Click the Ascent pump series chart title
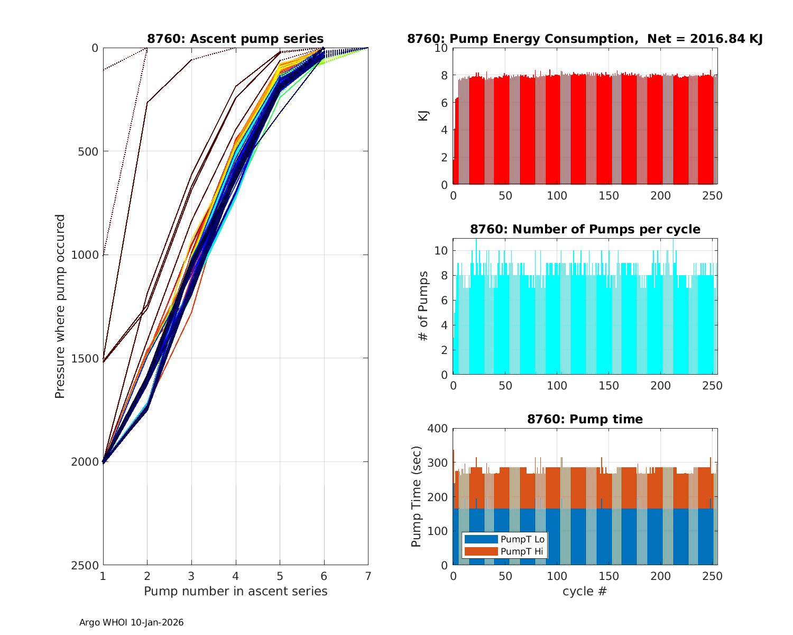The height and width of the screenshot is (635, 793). pyautogui.click(x=235, y=39)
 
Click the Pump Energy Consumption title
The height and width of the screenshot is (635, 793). pyautogui.click(x=585, y=39)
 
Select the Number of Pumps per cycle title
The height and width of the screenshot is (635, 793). pyautogui.click(x=585, y=229)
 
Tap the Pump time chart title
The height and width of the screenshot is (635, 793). pyautogui.click(x=585, y=419)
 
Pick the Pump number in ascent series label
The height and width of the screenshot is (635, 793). pyautogui.click(x=235, y=591)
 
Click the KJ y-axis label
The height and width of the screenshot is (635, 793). pyautogui.click(x=423, y=116)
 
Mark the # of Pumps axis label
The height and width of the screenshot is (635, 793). pyautogui.click(x=423, y=306)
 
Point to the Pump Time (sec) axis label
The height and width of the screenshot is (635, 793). pyautogui.click(x=417, y=496)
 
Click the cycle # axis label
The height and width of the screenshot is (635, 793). pyautogui.click(x=585, y=591)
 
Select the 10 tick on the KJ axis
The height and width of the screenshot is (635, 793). pyautogui.click(x=441, y=48)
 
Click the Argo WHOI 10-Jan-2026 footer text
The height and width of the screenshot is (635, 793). pyautogui.click(x=131, y=622)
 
